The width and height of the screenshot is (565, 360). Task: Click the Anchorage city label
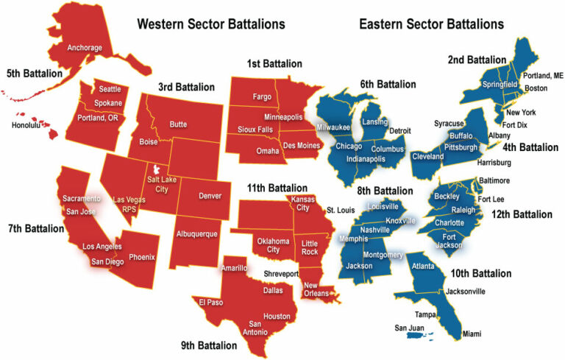tap(84, 49)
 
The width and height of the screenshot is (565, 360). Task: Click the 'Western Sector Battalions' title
tap(210, 24)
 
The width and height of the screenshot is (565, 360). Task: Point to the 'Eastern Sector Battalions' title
tap(431, 24)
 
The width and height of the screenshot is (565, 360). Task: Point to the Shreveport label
tap(282, 274)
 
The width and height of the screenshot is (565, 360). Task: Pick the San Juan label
tap(411, 328)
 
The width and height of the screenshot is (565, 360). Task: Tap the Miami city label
tap(472, 333)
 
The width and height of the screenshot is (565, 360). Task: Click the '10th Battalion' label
tap(481, 274)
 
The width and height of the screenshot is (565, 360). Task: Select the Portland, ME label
tap(542, 76)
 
